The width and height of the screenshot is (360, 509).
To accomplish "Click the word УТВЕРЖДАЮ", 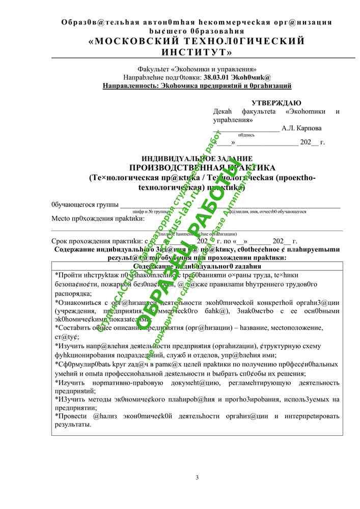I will click(x=276, y=103).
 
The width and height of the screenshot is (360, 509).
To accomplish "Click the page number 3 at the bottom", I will click(x=198, y=477).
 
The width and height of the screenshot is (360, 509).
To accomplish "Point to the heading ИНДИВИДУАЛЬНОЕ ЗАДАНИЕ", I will click(x=197, y=159).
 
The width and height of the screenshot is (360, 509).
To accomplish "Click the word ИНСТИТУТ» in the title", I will click(x=197, y=52).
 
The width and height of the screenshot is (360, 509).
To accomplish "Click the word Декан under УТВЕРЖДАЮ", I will click(x=224, y=111).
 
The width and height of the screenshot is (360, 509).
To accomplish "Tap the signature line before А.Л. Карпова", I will click(x=246, y=130).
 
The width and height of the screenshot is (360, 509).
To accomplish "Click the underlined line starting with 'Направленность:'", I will click(x=197, y=87).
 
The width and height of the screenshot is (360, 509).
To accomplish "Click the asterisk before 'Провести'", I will click(x=56, y=416).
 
